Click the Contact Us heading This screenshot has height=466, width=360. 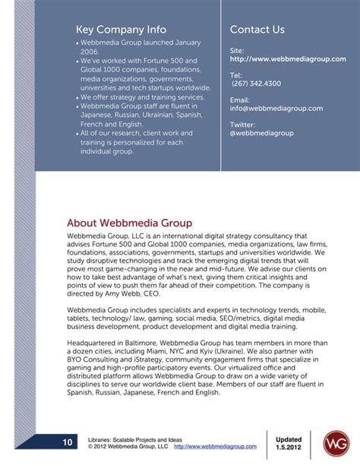coord(257,30)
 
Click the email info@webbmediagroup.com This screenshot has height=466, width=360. coord(276,109)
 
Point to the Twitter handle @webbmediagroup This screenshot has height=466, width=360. coord(261,132)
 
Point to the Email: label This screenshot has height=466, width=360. coord(239,100)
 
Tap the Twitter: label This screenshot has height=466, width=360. coord(242,124)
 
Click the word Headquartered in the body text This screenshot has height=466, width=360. coord(93,344)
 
